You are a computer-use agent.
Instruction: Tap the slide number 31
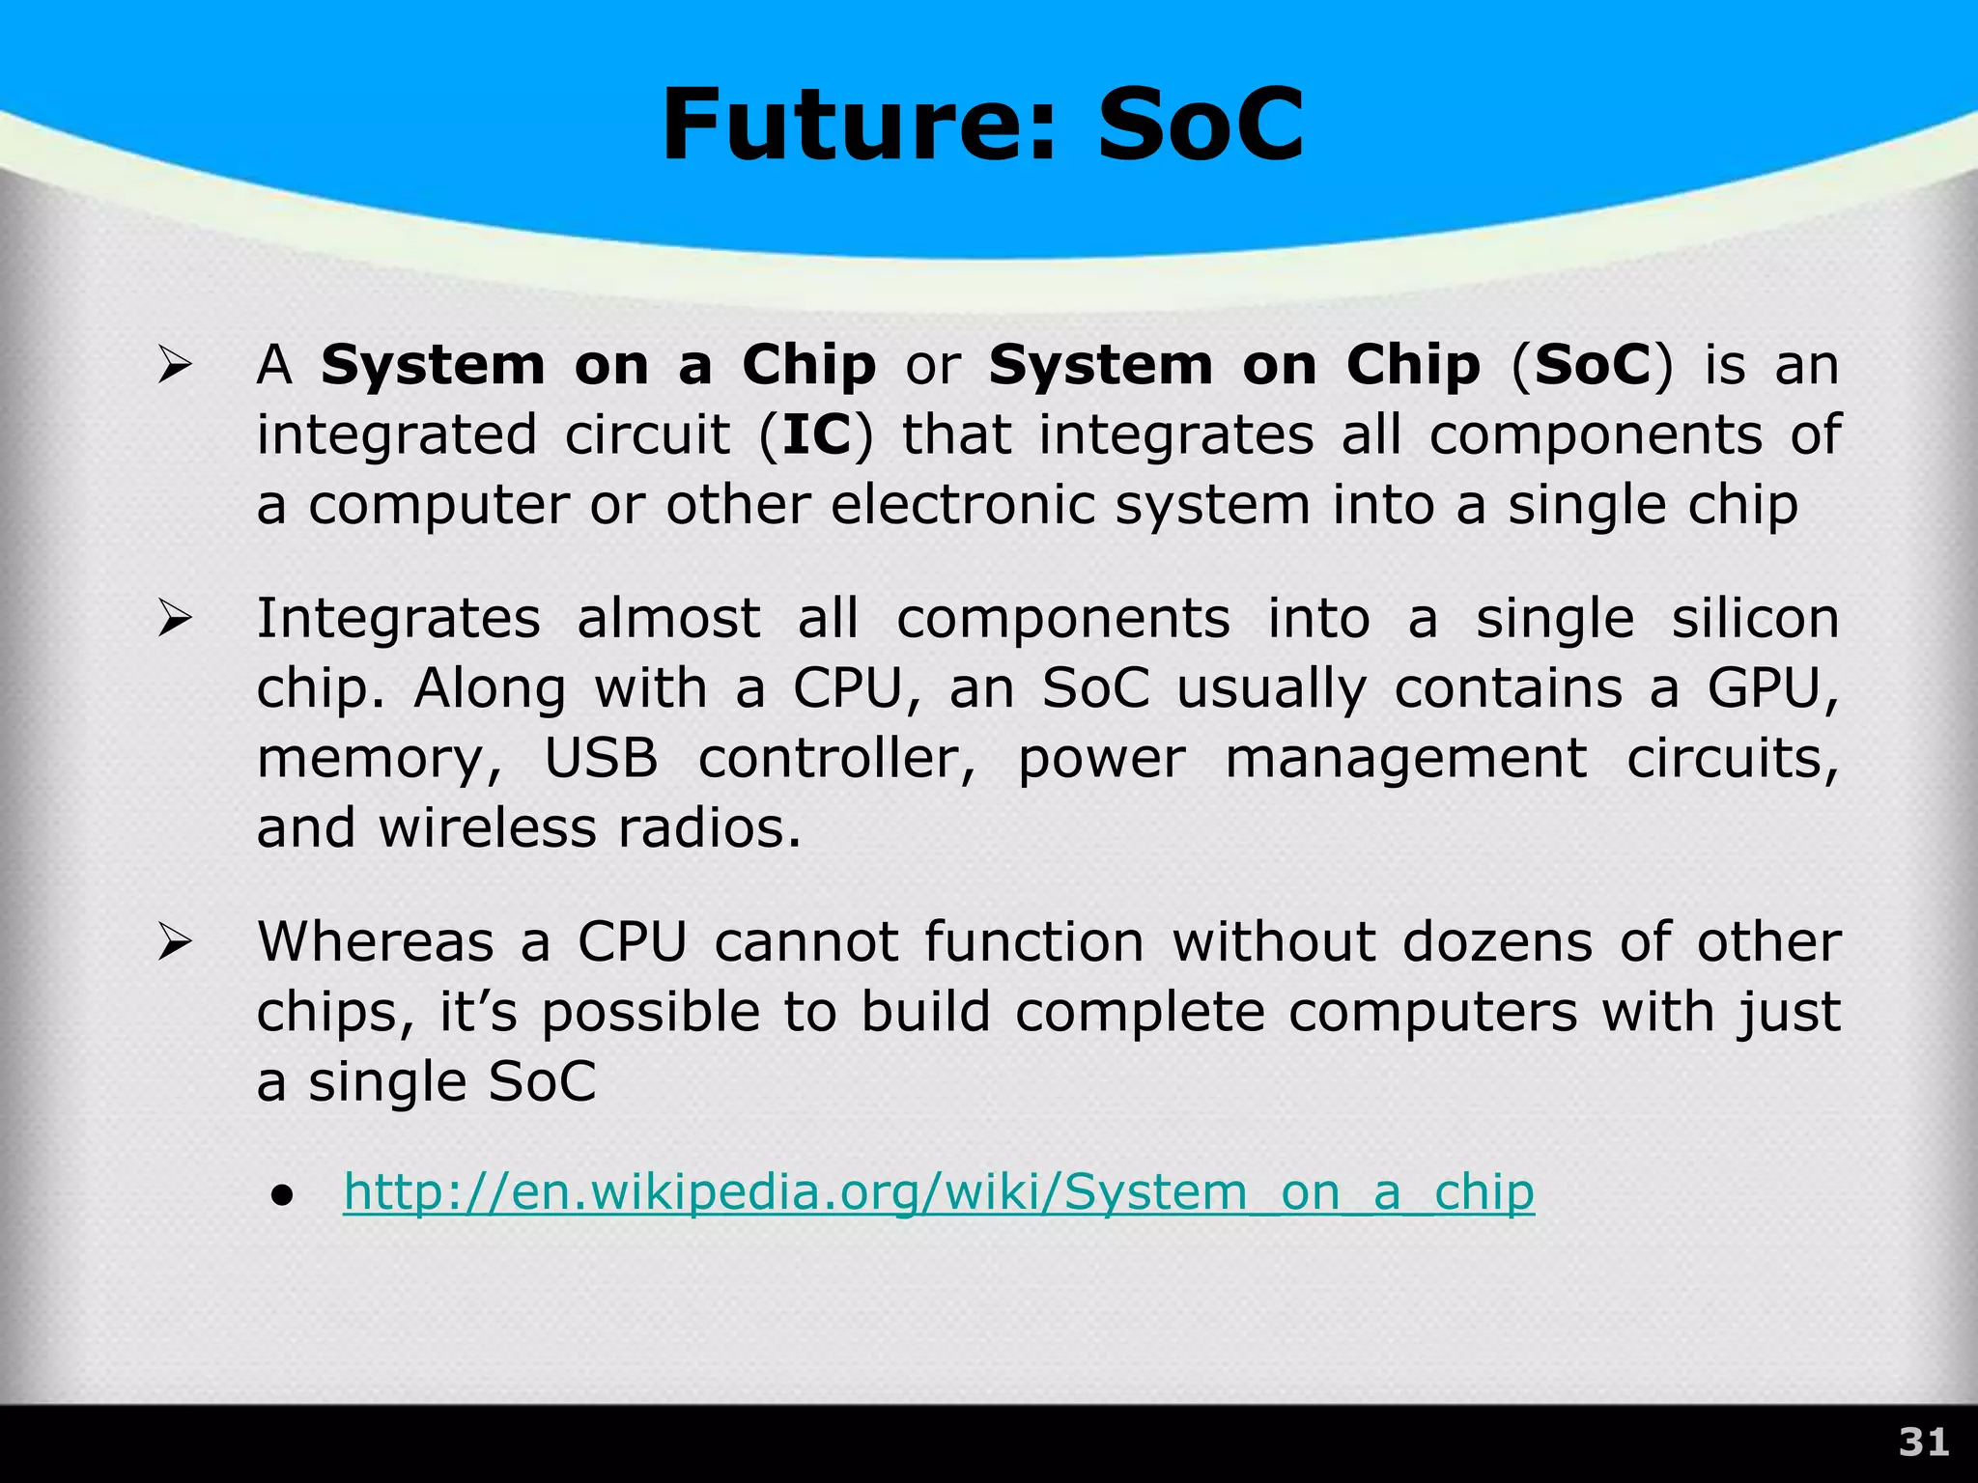1923,1442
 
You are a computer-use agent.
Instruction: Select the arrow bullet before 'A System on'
176,366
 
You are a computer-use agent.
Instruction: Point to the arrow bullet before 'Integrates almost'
176,619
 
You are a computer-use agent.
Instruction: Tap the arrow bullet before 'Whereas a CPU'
176,942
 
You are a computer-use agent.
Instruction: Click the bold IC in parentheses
816,434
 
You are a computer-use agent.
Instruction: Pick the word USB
601,758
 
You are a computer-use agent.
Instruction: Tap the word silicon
1754,619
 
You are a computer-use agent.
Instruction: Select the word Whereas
375,941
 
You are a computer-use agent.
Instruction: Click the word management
1405,759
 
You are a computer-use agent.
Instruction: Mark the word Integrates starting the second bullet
397,619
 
